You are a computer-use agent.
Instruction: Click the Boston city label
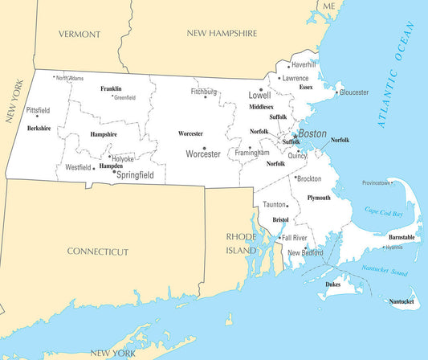312,133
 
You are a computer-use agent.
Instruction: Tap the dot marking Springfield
114,171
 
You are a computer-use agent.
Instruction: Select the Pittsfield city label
38,110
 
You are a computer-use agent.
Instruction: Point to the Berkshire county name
39,128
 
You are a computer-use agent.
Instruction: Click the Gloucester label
354,92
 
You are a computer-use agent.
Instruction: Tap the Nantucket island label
402,302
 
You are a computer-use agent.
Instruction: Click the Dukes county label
333,284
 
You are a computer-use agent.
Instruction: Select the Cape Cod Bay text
383,211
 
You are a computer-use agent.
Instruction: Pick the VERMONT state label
79,35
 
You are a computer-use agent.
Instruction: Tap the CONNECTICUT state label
97,252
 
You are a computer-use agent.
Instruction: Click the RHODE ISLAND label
240,243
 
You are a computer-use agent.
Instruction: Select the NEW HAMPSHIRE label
222,34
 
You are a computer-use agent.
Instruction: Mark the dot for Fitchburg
206,97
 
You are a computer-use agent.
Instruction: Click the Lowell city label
259,95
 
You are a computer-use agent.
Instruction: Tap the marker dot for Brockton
296,178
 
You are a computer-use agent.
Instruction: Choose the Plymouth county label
319,198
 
